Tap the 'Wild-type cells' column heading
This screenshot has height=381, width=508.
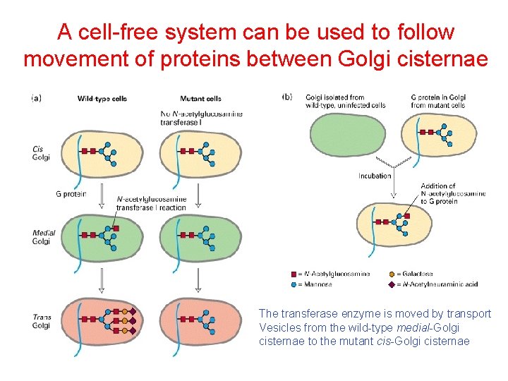[x=102, y=99]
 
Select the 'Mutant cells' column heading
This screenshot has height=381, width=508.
[x=200, y=99]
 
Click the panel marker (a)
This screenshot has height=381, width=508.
[x=36, y=98]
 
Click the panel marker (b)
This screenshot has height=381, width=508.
[x=287, y=97]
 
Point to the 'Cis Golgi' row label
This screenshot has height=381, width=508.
[x=41, y=153]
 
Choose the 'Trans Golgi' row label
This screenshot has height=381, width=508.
[x=42, y=322]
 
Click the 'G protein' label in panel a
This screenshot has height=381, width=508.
[x=71, y=194]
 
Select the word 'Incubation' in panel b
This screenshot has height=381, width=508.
[x=375, y=176]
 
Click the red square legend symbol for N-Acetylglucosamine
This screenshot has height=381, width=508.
[x=294, y=274]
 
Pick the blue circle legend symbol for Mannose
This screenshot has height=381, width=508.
[x=294, y=284]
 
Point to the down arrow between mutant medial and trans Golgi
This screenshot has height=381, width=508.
[x=198, y=279]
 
